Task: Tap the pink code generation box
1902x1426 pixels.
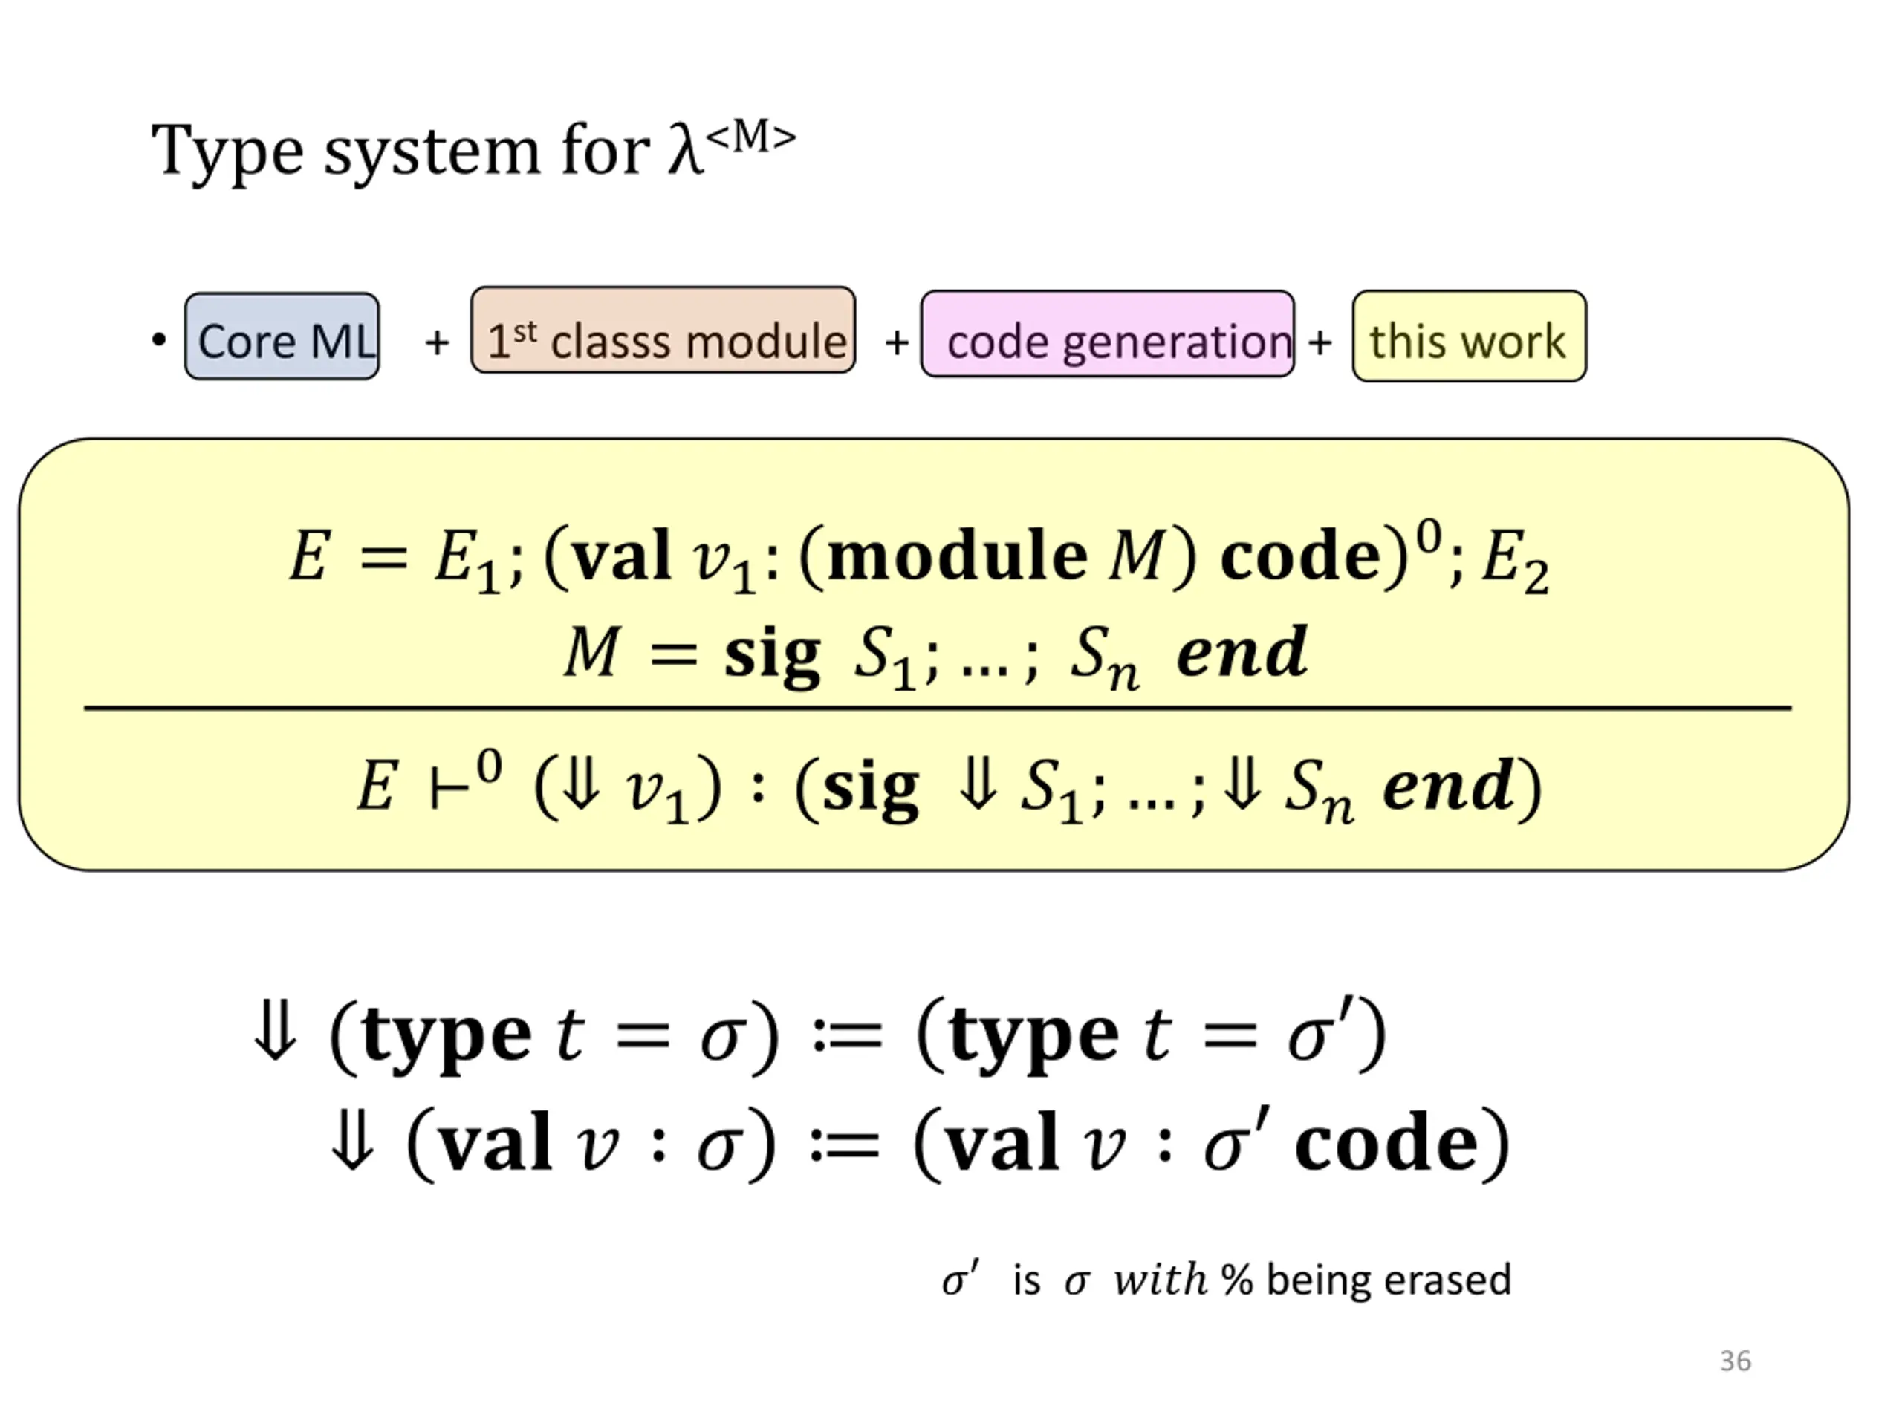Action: coord(1108,334)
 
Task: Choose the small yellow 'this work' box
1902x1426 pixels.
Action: coord(1469,336)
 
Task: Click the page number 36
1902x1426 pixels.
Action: coord(1735,1361)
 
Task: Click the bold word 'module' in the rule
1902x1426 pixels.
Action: coord(958,556)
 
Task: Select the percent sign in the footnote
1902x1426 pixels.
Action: coord(1236,1280)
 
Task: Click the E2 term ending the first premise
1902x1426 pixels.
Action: coord(1514,561)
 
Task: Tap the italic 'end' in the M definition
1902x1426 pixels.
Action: coord(1242,654)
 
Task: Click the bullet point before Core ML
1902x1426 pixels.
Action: coord(158,339)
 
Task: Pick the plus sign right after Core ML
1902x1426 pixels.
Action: coord(437,342)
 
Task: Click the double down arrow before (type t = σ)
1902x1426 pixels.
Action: coord(275,1035)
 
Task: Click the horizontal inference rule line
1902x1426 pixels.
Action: coord(937,709)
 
